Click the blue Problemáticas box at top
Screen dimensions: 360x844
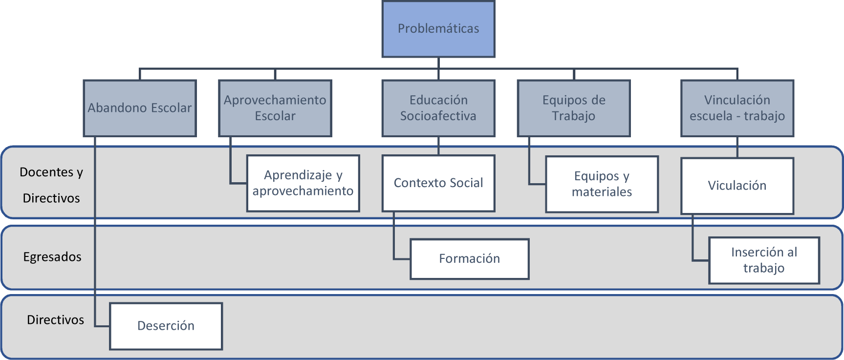438,29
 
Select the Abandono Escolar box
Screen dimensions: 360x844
140,108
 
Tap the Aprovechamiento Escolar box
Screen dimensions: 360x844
275,108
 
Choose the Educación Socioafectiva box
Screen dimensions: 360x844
438,108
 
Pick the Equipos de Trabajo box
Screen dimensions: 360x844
574,108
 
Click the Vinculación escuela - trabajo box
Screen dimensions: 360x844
737,108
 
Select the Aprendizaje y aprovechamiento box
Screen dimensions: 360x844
303,183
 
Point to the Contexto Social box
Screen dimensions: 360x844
438,183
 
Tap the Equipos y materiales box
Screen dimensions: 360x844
602,184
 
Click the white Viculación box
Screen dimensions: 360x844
737,186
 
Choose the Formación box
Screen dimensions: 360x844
469,259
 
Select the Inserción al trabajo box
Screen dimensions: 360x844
764,260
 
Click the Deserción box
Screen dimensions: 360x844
166,326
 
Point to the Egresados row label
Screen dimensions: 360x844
52,257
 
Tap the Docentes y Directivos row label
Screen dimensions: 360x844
51,185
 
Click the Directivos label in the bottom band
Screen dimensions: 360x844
55,320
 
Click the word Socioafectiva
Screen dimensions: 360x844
438,116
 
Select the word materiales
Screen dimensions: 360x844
602,192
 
